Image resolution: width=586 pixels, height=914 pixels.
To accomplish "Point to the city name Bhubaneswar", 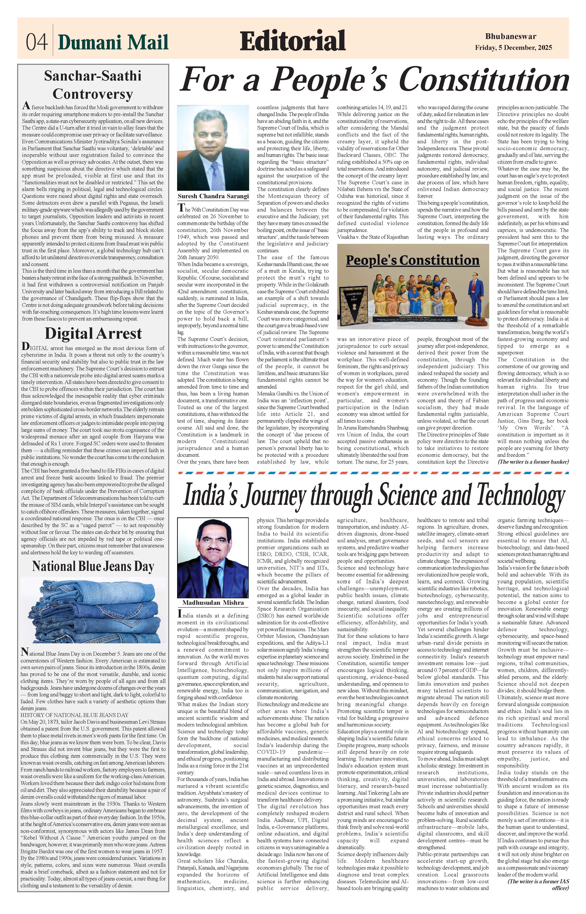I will pyautogui.click(x=511, y=37).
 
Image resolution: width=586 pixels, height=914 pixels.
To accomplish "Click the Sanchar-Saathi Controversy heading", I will pyautogui.click(x=92, y=85).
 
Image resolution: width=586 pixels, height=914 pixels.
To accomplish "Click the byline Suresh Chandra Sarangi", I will pyautogui.click(x=213, y=196).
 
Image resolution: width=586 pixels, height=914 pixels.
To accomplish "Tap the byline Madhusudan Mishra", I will pyautogui.click(x=213, y=603).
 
